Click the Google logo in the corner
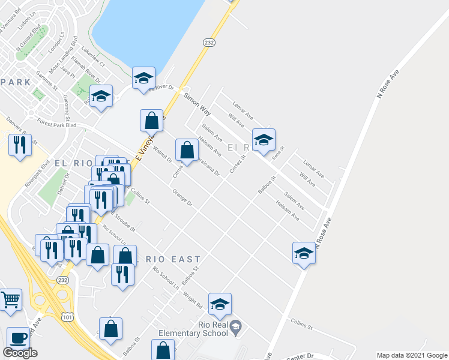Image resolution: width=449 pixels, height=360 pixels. tap(20, 353)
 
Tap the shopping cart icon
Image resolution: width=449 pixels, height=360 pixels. tap(10, 299)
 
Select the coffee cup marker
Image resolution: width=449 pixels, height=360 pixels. tap(18, 337)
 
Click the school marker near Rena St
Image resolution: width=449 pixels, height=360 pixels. tap(264, 140)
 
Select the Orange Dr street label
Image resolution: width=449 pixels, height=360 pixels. tap(182, 199)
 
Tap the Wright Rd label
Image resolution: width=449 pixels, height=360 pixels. tap(193, 300)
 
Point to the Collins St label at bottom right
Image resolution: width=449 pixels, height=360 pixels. tap(302, 325)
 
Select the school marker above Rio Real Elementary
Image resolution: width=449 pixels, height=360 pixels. tap(220, 304)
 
